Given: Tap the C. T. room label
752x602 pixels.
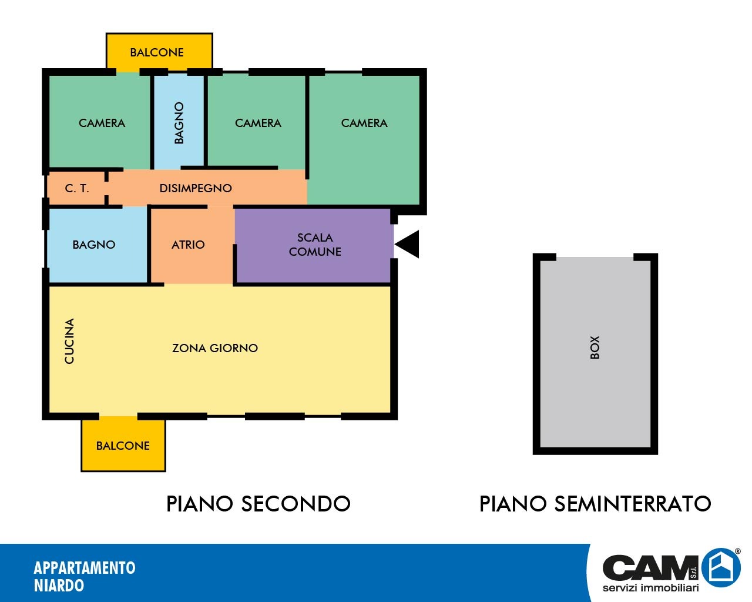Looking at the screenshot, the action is (x=77, y=189).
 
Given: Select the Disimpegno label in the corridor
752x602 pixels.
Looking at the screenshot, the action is (x=196, y=188).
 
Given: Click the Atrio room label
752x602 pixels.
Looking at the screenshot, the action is (x=188, y=245).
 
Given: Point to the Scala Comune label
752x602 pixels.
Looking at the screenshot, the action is (x=315, y=245).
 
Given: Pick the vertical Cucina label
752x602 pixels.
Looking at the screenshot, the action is (x=69, y=341).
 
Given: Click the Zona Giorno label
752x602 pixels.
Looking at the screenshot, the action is (x=215, y=348).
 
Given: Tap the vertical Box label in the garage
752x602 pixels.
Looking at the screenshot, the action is (x=595, y=347).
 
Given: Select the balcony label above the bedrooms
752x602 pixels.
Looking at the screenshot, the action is (x=157, y=52).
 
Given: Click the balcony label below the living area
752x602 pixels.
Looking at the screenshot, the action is (x=123, y=446).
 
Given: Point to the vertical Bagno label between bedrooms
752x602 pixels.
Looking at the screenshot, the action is (x=179, y=123).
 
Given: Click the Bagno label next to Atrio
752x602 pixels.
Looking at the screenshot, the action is (x=94, y=245).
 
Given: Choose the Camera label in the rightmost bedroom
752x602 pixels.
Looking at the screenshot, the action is (x=364, y=123).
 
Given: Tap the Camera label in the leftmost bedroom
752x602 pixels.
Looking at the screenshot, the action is (x=102, y=123).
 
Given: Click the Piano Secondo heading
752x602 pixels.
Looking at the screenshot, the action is (x=258, y=504).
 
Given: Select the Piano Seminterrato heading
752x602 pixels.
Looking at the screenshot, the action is (x=595, y=504).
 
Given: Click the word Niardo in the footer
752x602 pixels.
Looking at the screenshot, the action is (x=59, y=586).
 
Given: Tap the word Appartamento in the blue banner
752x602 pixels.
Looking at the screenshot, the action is (x=85, y=568).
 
